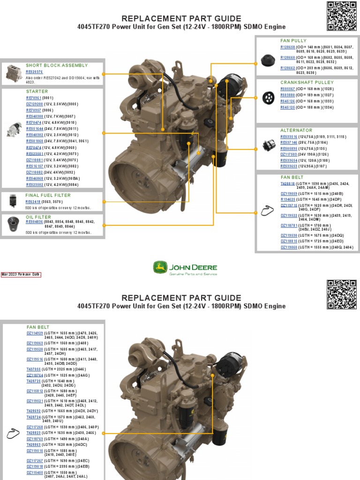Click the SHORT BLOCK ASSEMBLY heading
(56, 65)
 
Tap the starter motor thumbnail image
(14, 129)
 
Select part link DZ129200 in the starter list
(34, 104)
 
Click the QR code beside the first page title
(342, 16)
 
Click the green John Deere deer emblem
(160, 268)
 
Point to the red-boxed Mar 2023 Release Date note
(21, 275)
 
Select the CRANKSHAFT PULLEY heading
(307, 82)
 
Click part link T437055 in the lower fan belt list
(34, 369)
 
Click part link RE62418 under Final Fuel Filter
(33, 202)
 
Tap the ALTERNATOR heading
(296, 130)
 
